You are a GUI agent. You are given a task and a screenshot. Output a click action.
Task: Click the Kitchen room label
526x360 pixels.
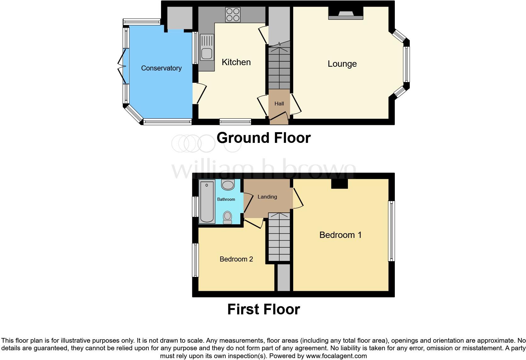coord(236,62)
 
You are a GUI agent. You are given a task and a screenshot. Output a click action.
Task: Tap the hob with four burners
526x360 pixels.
coord(233,14)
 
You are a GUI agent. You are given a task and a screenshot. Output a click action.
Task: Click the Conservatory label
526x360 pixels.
coord(161,68)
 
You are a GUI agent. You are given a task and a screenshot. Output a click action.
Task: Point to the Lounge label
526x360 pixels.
coord(342,64)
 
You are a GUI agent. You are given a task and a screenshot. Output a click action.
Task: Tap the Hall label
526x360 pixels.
coord(279,104)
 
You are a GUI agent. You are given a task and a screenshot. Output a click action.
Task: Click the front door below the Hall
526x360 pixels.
coord(279,119)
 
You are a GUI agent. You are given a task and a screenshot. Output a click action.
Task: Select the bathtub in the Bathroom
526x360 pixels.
coord(207,201)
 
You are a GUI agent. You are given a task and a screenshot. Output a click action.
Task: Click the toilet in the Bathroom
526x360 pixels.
coord(227,217)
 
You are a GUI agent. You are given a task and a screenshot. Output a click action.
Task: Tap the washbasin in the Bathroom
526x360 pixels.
coord(228,185)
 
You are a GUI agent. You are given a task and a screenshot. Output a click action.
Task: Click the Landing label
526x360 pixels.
coord(267,197)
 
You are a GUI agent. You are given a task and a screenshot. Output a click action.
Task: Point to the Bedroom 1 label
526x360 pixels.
coord(340,235)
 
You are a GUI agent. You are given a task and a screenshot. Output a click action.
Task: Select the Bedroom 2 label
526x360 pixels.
coord(236,259)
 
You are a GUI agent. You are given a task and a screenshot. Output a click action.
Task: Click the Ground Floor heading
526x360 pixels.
coord(263,138)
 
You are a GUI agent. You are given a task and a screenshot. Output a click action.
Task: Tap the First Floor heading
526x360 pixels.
coord(263,309)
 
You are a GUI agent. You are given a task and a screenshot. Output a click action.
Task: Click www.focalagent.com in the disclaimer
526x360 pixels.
coord(336,356)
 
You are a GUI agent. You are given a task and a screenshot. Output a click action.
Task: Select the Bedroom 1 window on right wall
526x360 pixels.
coord(391,231)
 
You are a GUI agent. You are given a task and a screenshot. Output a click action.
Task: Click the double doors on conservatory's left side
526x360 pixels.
coord(122,66)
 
